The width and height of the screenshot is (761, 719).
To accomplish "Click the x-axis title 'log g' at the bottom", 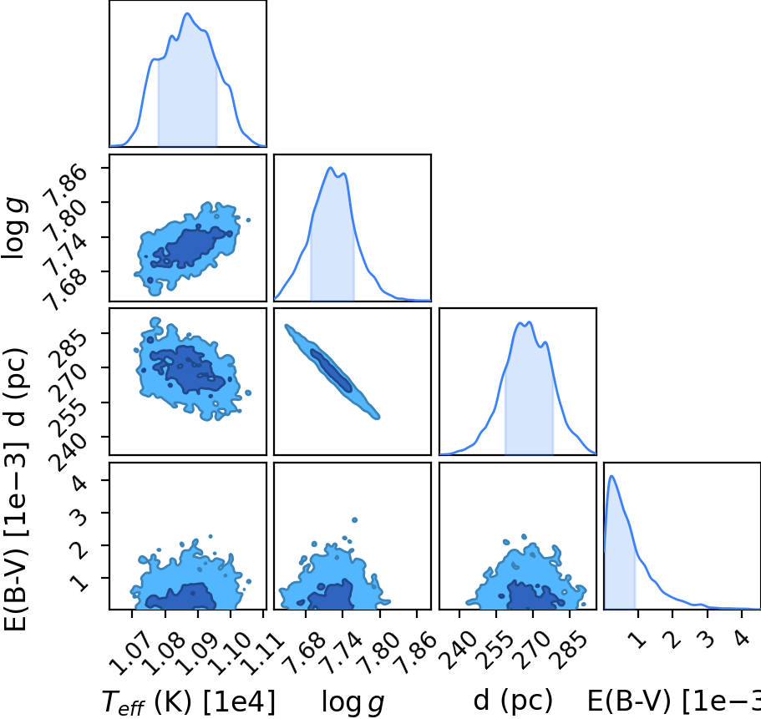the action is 353,702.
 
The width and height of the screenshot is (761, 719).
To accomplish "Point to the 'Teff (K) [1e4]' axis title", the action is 188,702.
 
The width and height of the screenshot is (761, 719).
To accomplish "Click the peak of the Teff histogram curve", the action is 188,13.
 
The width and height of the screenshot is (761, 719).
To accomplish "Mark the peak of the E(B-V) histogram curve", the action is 611,476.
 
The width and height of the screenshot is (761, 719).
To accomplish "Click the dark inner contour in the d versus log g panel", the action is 331,370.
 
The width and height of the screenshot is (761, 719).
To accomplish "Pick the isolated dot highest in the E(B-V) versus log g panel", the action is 354,520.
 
